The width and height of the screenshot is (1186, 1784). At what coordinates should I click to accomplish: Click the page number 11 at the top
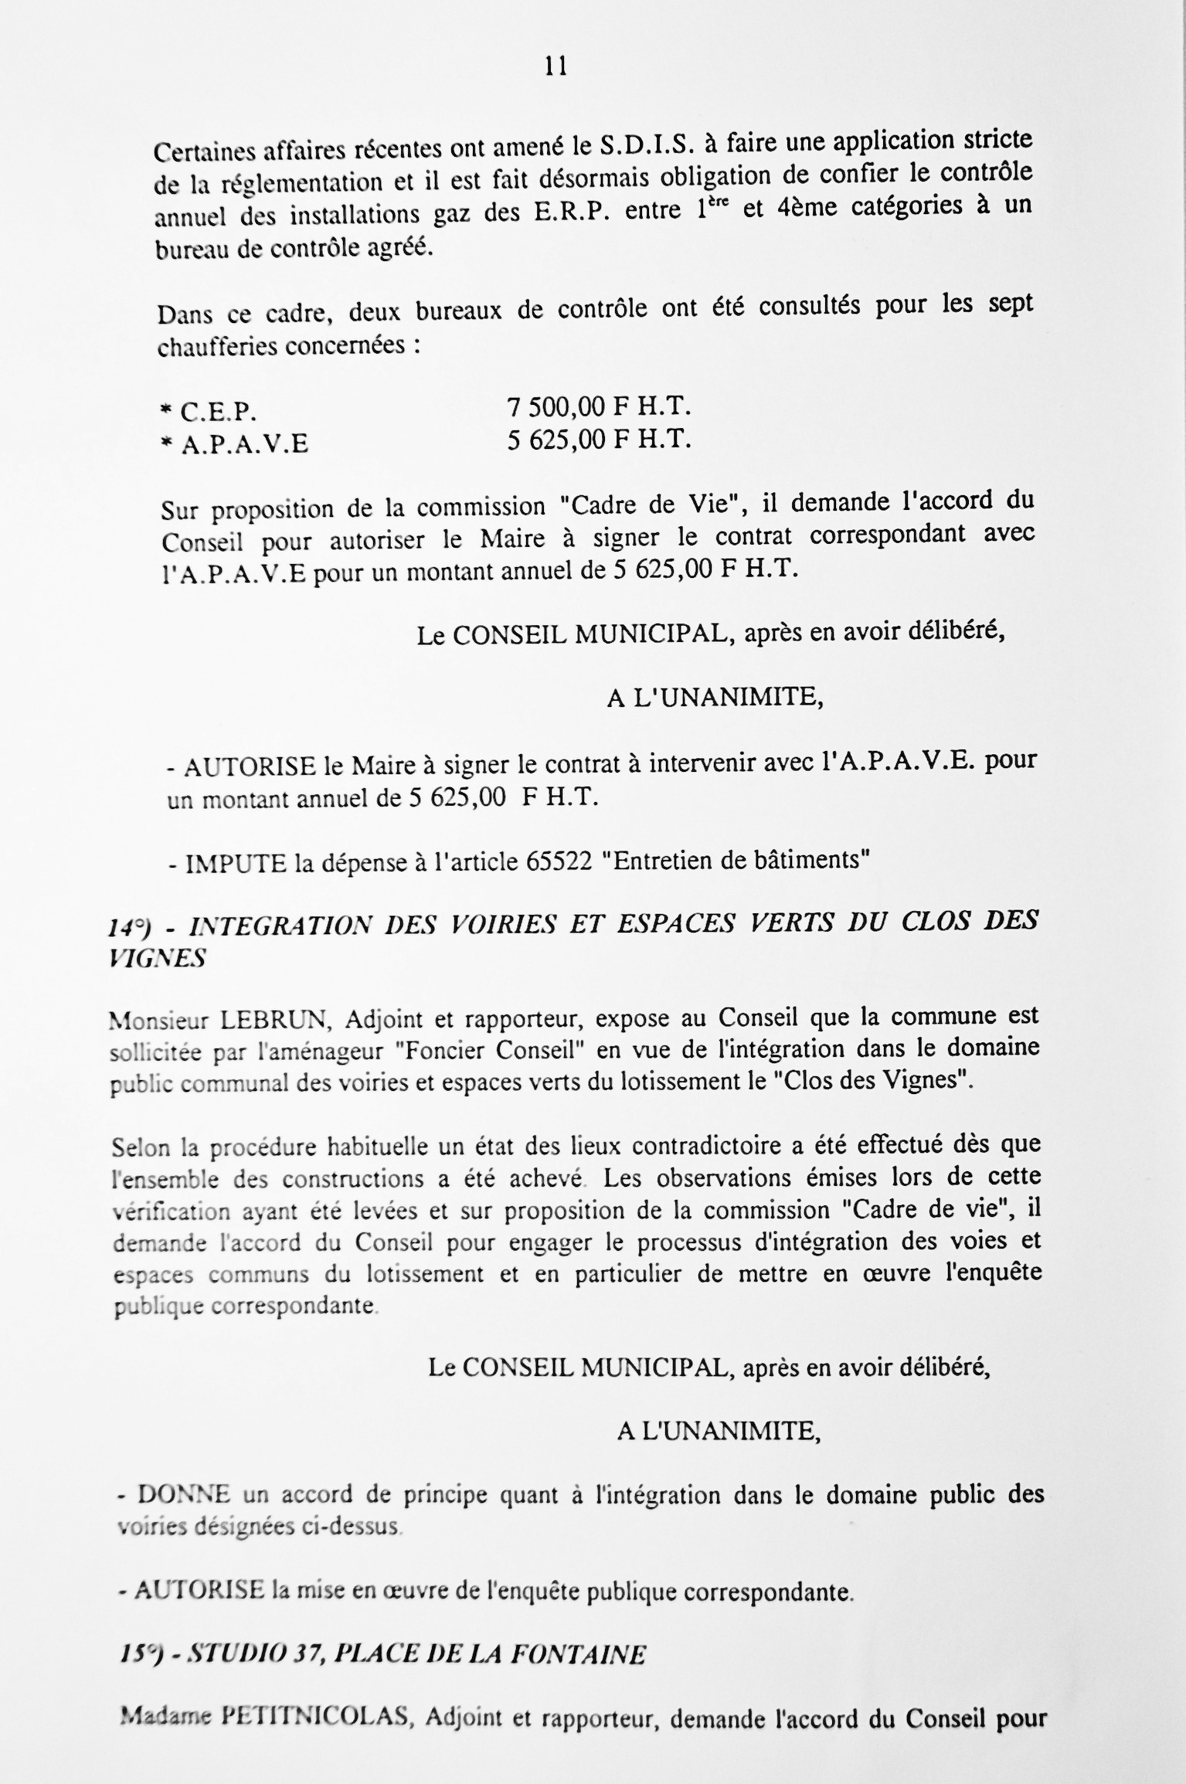(556, 67)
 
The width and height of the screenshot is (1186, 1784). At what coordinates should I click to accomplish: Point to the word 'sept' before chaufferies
(1010, 304)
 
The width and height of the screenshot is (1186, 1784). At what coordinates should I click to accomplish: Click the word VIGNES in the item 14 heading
(158, 959)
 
